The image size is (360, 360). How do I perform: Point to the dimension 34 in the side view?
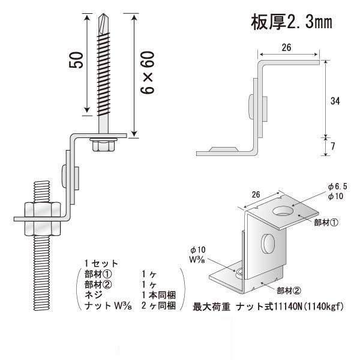(335, 102)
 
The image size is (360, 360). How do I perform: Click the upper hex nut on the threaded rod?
(40, 210)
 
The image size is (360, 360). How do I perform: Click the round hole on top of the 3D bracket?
(281, 211)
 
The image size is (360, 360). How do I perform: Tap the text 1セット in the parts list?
(101, 263)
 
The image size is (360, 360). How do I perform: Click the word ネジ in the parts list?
(93, 295)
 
